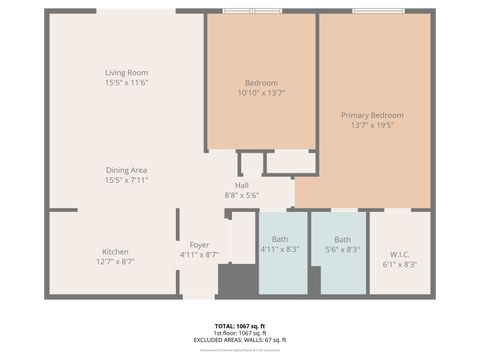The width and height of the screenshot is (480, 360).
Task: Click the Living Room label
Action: [126, 72]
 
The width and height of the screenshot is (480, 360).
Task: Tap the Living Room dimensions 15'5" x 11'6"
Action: [126, 83]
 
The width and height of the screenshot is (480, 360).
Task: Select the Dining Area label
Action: [126, 170]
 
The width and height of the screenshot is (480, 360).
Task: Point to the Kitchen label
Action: [115, 251]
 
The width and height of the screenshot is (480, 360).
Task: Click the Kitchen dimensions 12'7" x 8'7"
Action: [115, 261]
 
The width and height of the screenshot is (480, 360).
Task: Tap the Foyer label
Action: [199, 244]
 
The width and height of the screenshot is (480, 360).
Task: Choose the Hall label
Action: [242, 185]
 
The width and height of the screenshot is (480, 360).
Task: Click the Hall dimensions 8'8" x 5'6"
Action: [242, 195]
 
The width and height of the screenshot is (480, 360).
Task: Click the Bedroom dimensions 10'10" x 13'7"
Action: [261, 93]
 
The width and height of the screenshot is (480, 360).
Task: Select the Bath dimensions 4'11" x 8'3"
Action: [280, 249]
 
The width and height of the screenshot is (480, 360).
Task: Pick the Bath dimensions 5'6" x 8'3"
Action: [343, 249]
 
